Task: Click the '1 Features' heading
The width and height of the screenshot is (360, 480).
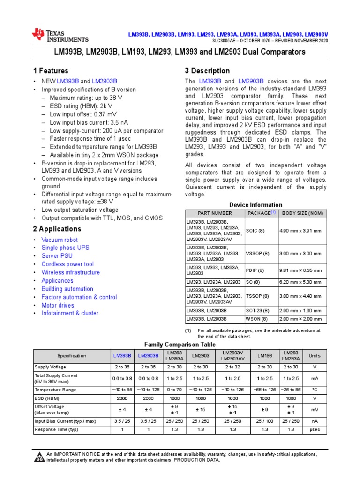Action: tap(50, 71)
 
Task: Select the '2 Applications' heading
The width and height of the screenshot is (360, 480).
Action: tap(57, 229)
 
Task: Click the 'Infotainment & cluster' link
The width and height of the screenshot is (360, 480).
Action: tap(70, 313)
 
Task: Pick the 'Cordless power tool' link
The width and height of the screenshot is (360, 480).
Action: tap(67, 264)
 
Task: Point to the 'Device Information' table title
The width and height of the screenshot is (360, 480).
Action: tap(255, 205)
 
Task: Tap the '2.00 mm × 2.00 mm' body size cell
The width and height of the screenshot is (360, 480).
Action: tap(300, 319)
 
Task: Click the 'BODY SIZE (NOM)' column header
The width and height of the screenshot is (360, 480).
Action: tap(302, 213)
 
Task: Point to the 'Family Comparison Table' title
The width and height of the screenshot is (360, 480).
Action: tap(180, 344)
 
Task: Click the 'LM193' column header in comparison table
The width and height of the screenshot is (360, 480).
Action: tap(264, 356)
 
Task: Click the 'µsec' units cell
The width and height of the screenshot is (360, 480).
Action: tap(314, 429)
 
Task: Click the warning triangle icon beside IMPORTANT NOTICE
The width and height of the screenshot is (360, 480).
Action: tap(39, 457)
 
